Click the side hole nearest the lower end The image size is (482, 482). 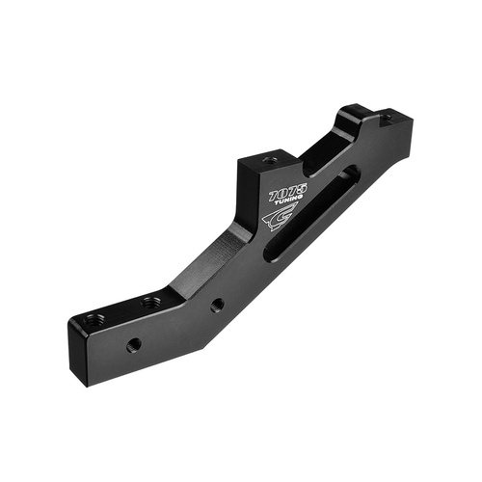pyautogui.click(x=134, y=343)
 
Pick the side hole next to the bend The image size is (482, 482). pyautogui.click(x=218, y=305)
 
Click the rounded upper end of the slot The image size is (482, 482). pyautogui.click(x=352, y=174)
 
